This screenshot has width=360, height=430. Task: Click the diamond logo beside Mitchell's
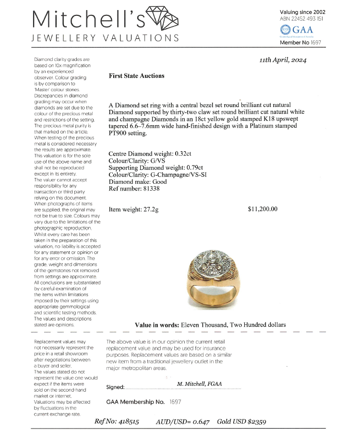click(x=162, y=20)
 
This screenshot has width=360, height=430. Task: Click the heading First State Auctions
click(x=136, y=76)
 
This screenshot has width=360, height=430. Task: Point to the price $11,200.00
click(x=263, y=209)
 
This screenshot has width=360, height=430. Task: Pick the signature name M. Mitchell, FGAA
click(x=202, y=384)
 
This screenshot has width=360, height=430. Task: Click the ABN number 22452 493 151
click(x=301, y=19)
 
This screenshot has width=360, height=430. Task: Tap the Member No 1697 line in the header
click(x=300, y=43)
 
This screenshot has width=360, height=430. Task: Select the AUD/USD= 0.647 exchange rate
click(x=182, y=421)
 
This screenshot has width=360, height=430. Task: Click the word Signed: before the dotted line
click(x=115, y=387)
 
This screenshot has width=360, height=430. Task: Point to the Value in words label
click(x=156, y=325)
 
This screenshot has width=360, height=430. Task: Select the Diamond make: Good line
click(x=132, y=182)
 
